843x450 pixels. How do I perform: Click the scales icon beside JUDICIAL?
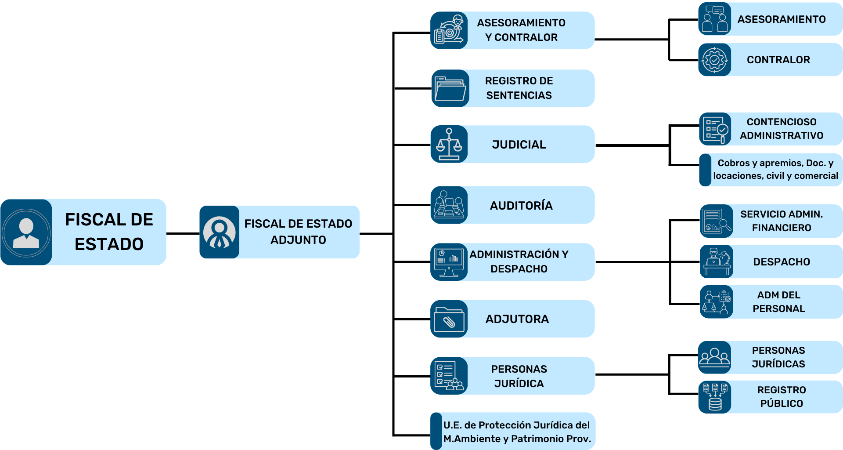click(449, 144)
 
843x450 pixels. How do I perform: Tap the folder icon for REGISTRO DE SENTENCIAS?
click(450, 88)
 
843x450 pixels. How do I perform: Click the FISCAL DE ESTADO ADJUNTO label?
click(298, 232)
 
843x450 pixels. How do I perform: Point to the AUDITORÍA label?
click(521, 205)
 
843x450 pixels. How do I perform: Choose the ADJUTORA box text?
click(517, 319)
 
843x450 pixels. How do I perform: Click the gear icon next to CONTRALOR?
click(714, 60)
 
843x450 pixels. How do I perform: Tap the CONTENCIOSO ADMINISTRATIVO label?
click(782, 129)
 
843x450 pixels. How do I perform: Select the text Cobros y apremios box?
click(775, 170)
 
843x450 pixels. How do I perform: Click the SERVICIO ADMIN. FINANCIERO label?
click(782, 221)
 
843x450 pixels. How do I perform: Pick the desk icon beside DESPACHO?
click(716, 261)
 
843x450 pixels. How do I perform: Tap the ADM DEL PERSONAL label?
click(778, 302)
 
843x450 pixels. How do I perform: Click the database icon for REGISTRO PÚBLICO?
click(715, 397)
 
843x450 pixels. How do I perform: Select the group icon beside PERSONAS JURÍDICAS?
click(714, 357)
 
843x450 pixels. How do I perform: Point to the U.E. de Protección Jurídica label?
click(517, 432)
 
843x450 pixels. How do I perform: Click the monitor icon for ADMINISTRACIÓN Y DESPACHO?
click(449, 262)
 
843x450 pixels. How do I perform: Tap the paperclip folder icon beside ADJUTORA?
click(449, 319)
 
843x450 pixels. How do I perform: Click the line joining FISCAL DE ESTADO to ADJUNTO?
click(183, 233)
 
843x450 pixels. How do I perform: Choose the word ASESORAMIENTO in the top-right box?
click(781, 19)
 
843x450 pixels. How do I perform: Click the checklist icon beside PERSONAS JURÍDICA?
click(449, 376)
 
